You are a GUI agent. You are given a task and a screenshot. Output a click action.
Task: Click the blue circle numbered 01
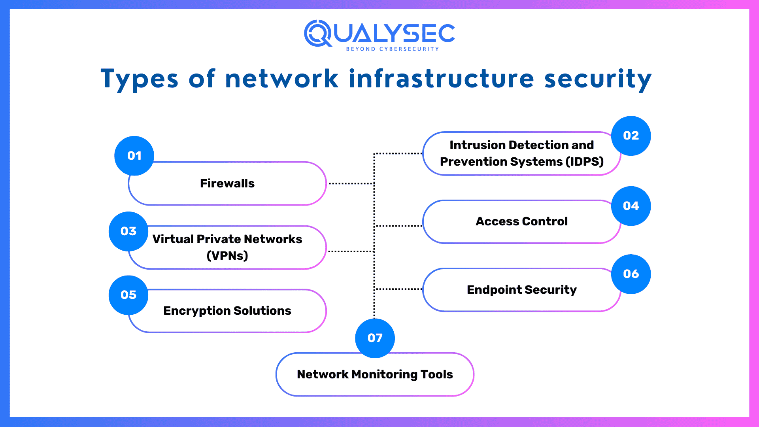(134, 156)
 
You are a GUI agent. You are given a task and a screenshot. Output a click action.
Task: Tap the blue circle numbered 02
(631, 136)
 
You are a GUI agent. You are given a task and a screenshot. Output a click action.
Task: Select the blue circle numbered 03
(128, 231)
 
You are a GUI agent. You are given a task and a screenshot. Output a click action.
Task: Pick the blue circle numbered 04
(631, 206)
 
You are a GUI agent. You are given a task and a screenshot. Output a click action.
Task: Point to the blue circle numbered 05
(128, 295)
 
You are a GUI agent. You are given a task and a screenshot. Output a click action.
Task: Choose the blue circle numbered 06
(631, 274)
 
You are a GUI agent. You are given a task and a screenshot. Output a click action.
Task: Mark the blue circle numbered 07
(375, 338)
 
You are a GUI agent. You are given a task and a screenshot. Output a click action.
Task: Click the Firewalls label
(227, 183)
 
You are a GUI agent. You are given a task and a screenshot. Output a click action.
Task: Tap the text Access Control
(522, 221)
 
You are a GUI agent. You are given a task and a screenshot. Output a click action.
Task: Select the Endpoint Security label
(522, 290)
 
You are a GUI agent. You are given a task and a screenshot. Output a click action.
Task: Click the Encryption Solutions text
(227, 311)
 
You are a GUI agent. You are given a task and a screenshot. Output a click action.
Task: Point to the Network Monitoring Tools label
(375, 374)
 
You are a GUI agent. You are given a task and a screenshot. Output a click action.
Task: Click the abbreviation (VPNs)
(227, 256)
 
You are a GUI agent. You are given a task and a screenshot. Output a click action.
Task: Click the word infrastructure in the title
(442, 78)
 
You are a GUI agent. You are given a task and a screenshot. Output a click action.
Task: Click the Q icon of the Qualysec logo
(318, 33)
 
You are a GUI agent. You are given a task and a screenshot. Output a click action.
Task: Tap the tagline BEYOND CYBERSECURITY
(393, 49)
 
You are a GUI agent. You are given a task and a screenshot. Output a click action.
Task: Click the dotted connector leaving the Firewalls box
(351, 183)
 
